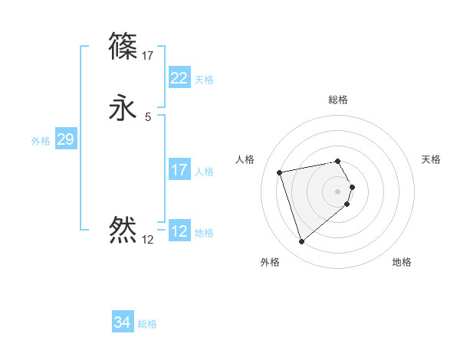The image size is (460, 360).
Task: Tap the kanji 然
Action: [x=123, y=229]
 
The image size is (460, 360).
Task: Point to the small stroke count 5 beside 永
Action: [x=147, y=117]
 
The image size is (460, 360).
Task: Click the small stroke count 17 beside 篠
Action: [x=148, y=56]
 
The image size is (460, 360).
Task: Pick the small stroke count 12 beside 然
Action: [x=147, y=240]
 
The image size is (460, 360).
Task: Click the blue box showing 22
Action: [x=179, y=78]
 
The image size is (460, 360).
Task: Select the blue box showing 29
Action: [x=65, y=139]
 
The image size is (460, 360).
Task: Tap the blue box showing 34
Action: [x=122, y=322]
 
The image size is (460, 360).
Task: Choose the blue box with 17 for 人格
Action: [x=179, y=170]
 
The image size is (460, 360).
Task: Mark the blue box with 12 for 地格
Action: [x=179, y=231]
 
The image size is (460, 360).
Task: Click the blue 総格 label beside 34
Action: [x=147, y=324]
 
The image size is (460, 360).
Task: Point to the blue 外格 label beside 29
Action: [x=41, y=141]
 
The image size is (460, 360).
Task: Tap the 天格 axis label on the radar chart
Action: [x=431, y=159]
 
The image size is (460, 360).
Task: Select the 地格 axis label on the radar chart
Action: [x=402, y=262]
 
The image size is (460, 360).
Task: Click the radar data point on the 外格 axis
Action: [x=302, y=242]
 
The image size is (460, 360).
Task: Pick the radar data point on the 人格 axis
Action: [x=280, y=172]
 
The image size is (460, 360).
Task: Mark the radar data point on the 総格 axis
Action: [x=338, y=161]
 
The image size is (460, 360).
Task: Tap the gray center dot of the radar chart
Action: [x=338, y=191]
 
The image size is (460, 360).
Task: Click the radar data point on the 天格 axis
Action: [x=352, y=187]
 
